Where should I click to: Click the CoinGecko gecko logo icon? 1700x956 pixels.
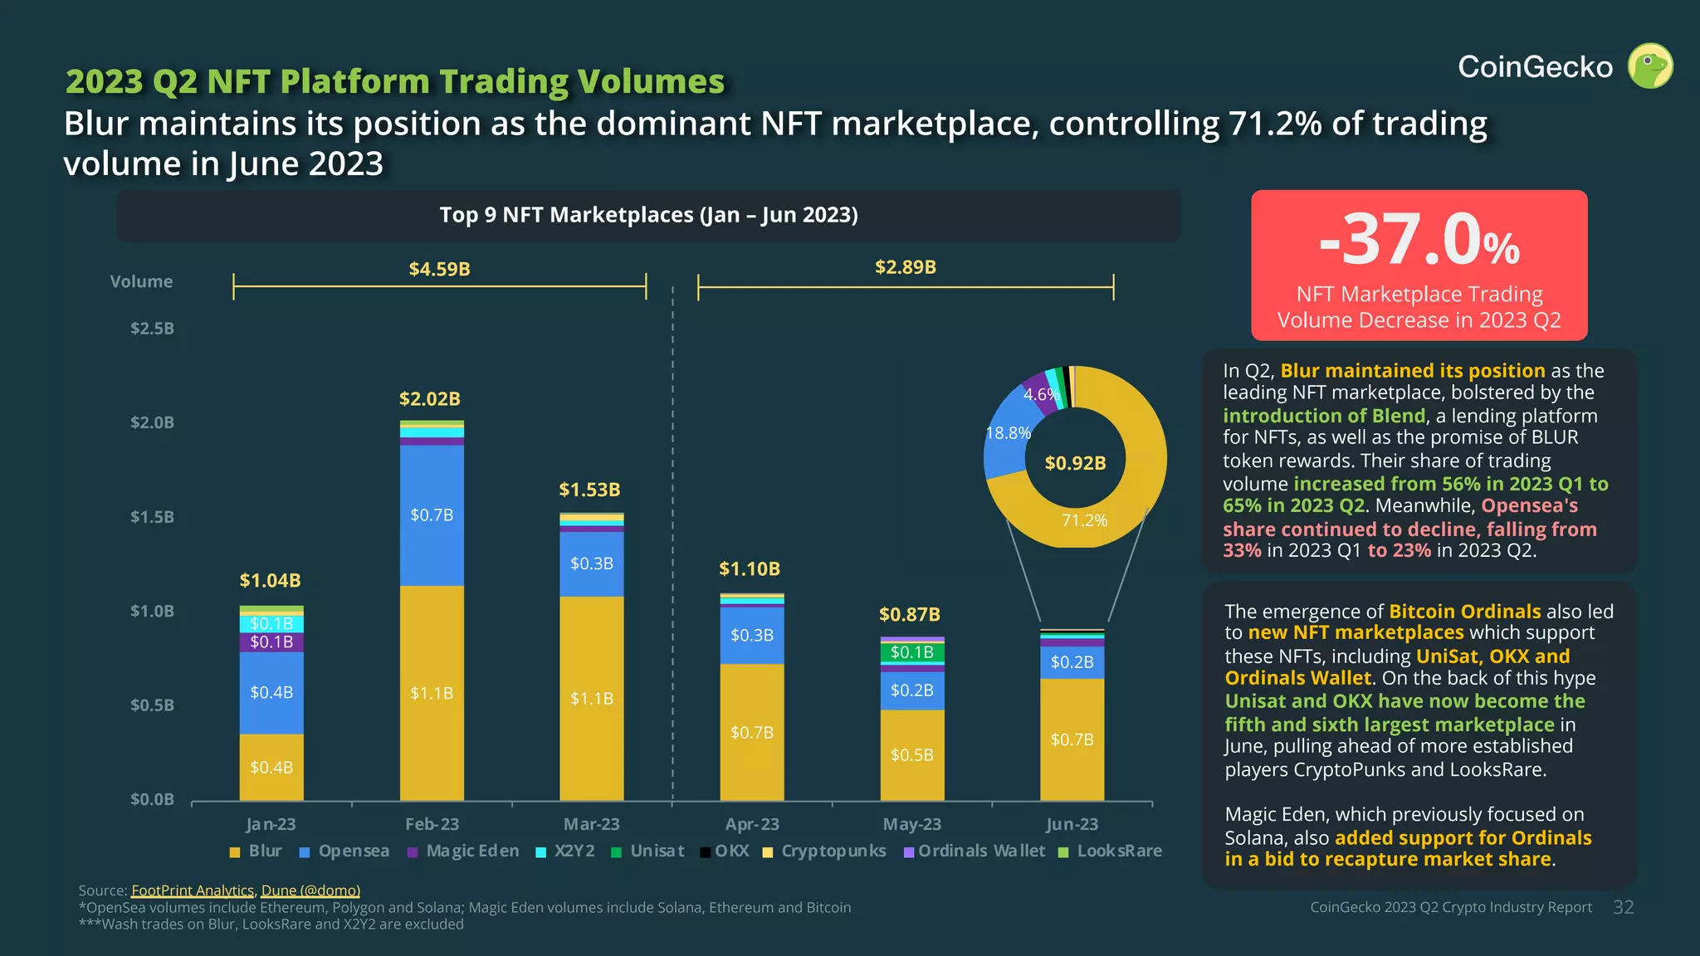pyautogui.click(x=1649, y=66)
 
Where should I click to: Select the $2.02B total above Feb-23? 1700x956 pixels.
pyautogui.click(x=429, y=399)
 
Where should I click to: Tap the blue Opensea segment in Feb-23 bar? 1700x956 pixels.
pyautogui.click(x=432, y=515)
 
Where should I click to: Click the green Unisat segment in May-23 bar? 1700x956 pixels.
pyautogui.click(x=911, y=652)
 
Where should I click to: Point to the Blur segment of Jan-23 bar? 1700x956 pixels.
pyautogui.click(x=271, y=767)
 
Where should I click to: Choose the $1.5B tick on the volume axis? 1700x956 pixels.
pyautogui.click(x=152, y=517)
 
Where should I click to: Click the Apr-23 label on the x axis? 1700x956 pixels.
pyautogui.click(x=751, y=824)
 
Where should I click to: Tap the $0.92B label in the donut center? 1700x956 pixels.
pyautogui.click(x=1075, y=463)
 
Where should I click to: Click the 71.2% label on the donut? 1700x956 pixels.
pyautogui.click(x=1084, y=520)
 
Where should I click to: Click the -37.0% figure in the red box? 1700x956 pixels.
pyautogui.click(x=1419, y=241)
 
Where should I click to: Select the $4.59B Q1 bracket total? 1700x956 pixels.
pyautogui.click(x=439, y=269)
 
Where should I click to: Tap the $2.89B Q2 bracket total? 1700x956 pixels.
pyautogui.click(x=905, y=267)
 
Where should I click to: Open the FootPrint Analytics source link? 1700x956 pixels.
pyautogui.click(x=192, y=890)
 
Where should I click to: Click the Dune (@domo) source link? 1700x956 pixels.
pyautogui.click(x=310, y=890)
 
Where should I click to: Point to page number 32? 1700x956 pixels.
pyautogui.click(x=1623, y=908)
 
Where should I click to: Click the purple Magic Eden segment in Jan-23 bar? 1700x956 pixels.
pyautogui.click(x=271, y=642)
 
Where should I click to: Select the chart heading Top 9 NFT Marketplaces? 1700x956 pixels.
pyautogui.click(x=648, y=215)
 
